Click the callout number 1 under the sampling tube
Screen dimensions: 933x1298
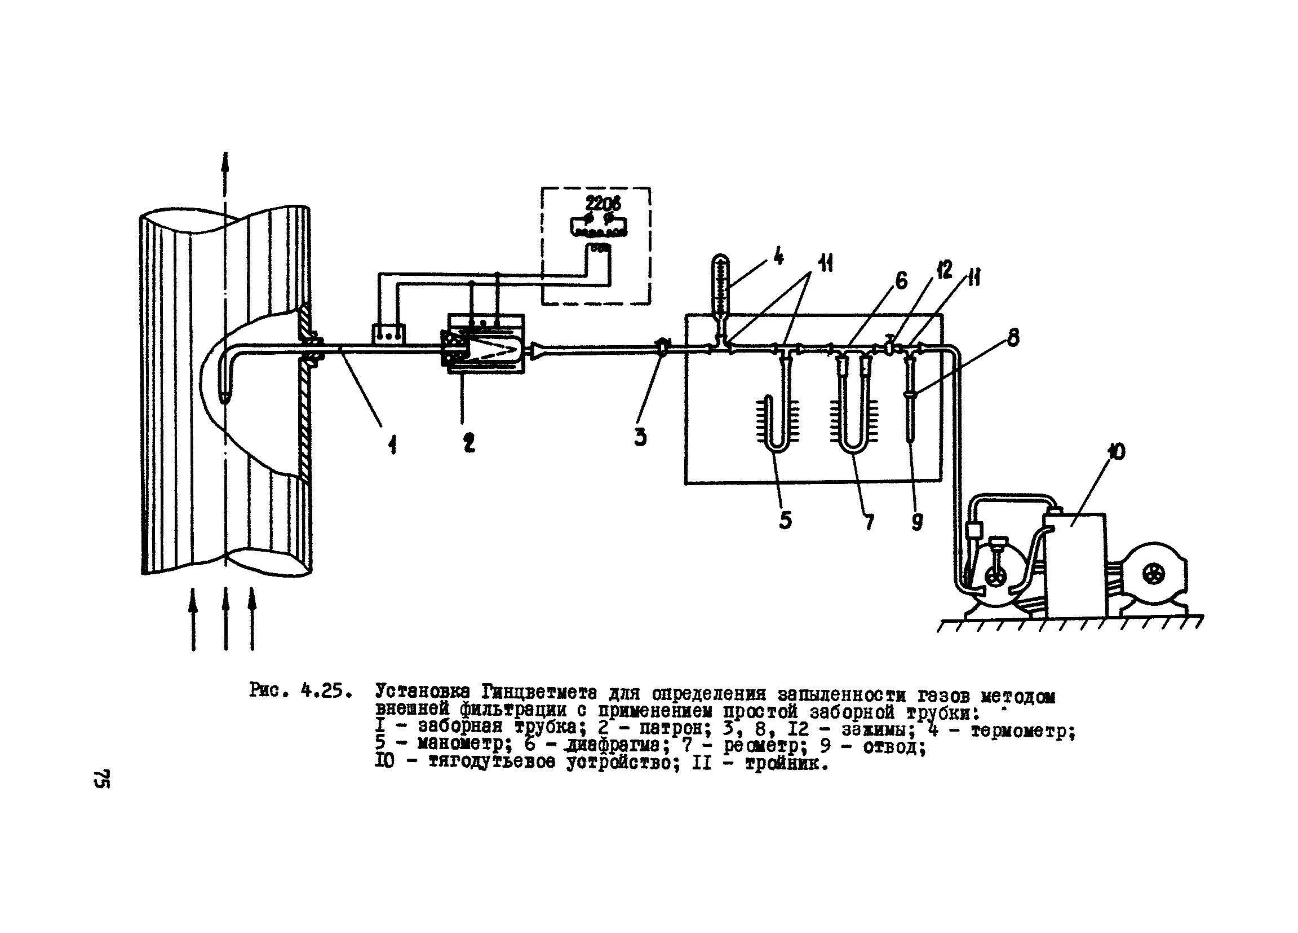(x=393, y=444)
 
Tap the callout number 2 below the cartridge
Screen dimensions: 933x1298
(x=469, y=443)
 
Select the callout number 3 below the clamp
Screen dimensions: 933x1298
(x=640, y=438)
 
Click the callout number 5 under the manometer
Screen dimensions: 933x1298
(x=785, y=520)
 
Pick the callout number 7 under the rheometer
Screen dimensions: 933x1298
(x=869, y=521)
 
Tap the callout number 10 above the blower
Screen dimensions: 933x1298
(x=1116, y=451)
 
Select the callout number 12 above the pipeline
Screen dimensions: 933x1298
(x=945, y=269)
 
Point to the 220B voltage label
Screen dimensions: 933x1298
(x=603, y=203)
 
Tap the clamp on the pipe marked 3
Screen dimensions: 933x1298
(x=662, y=346)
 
